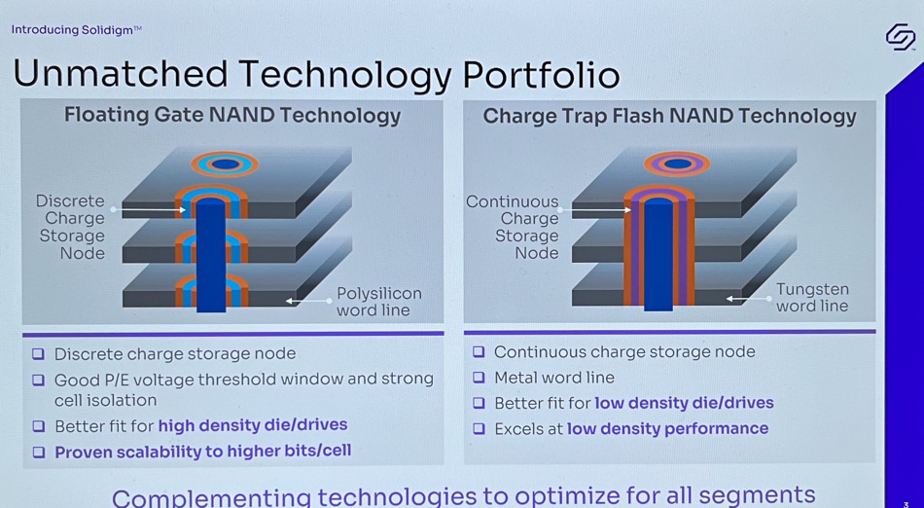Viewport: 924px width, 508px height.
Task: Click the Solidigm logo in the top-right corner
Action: [x=901, y=37]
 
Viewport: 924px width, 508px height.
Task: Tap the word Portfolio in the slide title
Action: [x=541, y=75]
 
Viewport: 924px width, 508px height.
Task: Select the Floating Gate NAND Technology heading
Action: [x=232, y=115]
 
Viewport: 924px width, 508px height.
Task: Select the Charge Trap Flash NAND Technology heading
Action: [x=669, y=116]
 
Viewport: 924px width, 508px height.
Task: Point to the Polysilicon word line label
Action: [x=379, y=301]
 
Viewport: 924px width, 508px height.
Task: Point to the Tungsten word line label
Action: [x=812, y=298]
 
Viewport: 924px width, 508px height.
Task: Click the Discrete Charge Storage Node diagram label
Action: [x=70, y=227]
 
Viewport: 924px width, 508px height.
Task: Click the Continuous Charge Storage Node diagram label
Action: [x=512, y=227]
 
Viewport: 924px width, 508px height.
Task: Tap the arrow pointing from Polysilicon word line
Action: [x=309, y=301]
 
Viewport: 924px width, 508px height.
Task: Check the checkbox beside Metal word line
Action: [x=479, y=378]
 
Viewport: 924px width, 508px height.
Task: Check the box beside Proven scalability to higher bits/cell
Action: [x=39, y=452]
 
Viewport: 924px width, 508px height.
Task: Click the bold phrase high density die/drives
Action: [x=253, y=425]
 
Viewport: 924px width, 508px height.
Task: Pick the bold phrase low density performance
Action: [x=667, y=428]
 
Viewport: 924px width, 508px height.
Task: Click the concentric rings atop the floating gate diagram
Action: [x=225, y=163]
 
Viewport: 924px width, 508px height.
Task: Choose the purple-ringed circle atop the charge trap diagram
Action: [x=677, y=163]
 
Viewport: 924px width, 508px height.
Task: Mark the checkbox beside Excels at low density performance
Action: [x=479, y=428]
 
